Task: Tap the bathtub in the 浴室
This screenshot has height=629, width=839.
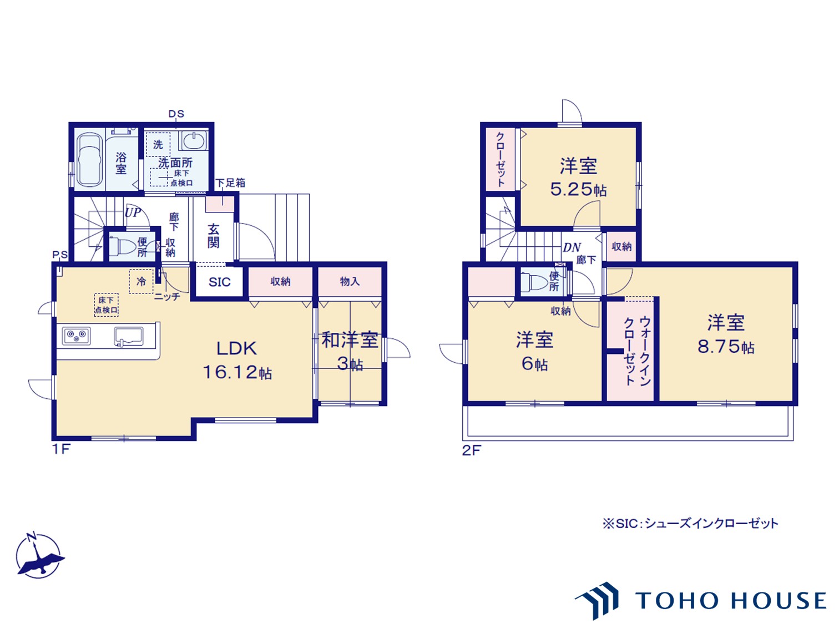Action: pos(89,159)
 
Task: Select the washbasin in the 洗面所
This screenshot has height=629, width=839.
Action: pos(193,140)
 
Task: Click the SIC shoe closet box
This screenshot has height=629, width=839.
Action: pos(219,282)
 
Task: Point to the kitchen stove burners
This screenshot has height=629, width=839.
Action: pos(77,336)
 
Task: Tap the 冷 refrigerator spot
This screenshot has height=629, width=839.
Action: pos(141,281)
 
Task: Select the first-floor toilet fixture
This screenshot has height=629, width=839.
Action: pos(122,246)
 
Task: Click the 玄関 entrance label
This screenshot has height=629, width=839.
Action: pos(213,236)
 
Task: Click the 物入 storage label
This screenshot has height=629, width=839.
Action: pos(350,282)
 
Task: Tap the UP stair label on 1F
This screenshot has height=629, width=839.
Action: pos(133,212)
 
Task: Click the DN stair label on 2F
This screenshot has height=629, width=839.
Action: pos(572,247)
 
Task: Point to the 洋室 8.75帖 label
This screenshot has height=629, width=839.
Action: pos(726,334)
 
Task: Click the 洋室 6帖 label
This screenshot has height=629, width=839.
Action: pos(535,351)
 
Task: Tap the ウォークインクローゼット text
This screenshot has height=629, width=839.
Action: pos(637,351)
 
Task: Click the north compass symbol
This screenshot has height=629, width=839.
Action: pos(38,556)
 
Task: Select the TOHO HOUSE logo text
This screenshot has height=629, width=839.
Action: pos(730,601)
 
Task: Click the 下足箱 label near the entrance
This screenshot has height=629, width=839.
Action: pos(230,182)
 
